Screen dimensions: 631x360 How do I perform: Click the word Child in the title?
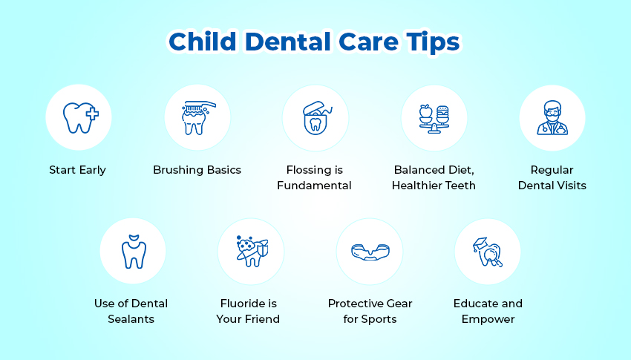(x=203, y=42)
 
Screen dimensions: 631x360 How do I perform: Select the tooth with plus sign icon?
(x=80, y=117)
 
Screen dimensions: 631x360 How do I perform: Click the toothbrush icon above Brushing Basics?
(x=197, y=117)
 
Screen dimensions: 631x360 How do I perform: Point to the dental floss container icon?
(x=316, y=118)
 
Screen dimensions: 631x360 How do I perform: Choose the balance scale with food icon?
(x=434, y=119)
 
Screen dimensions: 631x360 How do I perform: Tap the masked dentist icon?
(x=552, y=117)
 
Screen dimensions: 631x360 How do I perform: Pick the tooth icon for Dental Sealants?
(x=134, y=252)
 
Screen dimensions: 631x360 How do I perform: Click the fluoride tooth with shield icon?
(x=252, y=252)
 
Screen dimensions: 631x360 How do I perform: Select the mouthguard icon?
(x=370, y=252)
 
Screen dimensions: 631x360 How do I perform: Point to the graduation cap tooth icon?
(x=488, y=252)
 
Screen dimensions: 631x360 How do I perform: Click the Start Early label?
(x=77, y=170)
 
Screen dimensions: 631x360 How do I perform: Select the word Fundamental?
(x=314, y=186)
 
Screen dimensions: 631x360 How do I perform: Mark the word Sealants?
(x=131, y=319)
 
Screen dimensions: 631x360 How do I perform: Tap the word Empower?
(x=488, y=319)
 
